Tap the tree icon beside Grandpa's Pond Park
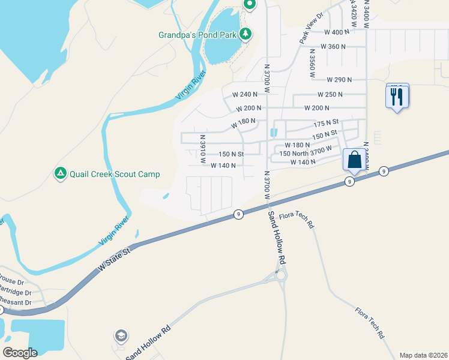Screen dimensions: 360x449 (245, 34)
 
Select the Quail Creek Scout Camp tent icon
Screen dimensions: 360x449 (60, 173)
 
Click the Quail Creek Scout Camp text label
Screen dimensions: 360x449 (115, 174)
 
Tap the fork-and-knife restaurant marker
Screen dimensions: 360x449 (397, 96)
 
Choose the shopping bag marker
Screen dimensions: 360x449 (354, 160)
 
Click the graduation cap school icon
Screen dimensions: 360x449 (121, 335)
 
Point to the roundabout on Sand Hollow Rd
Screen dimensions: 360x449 (280, 275)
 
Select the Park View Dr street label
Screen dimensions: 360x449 (311, 29)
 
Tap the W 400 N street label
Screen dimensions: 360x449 (336, 32)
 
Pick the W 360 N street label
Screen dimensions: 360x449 (334, 46)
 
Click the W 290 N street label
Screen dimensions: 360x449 (339, 79)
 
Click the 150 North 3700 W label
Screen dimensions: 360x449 (306, 154)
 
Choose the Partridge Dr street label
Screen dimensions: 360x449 (20, 292)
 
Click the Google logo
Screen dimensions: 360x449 (20, 353)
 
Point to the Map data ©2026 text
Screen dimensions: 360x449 (423, 355)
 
